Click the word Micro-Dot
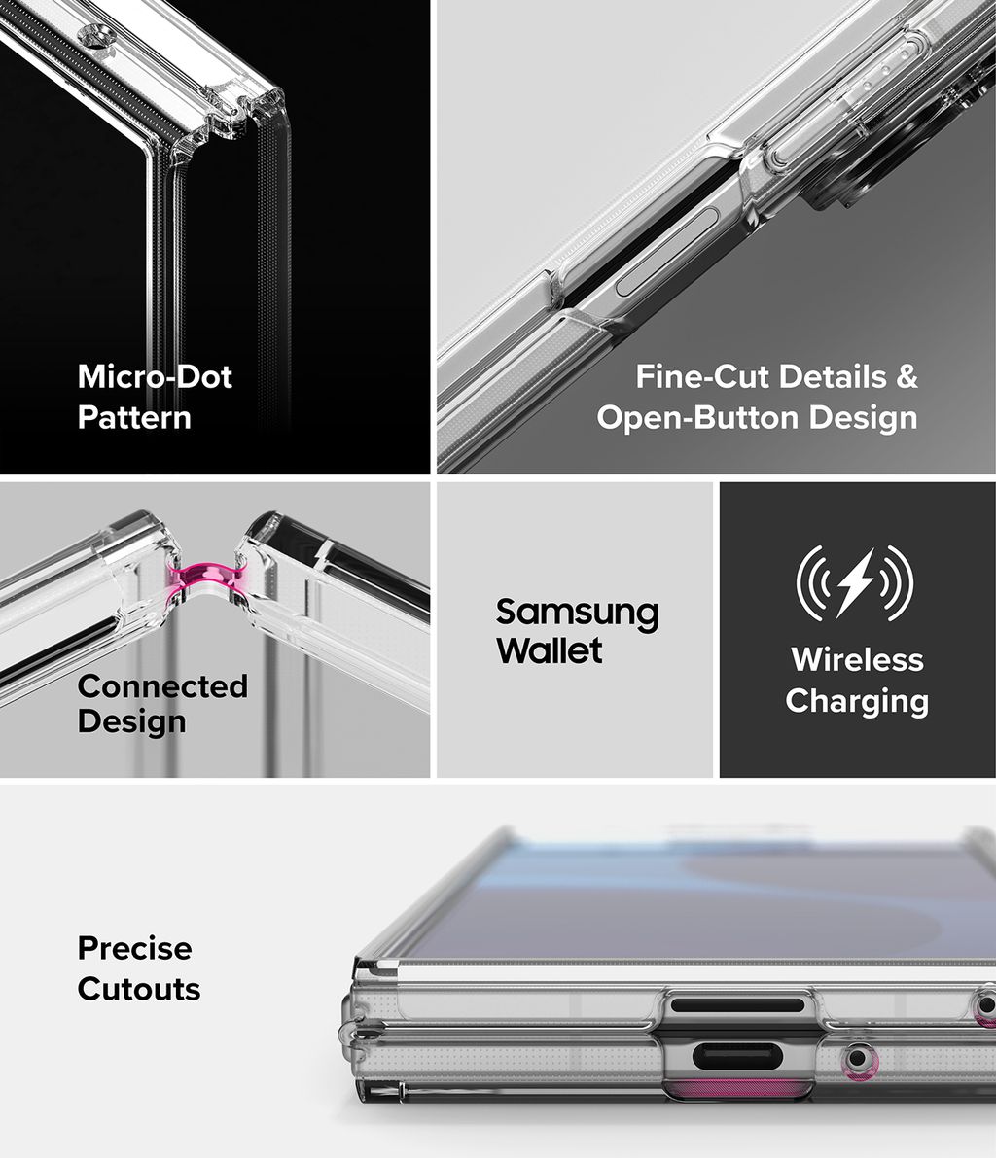[x=156, y=376]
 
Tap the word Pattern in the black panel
[x=134, y=417]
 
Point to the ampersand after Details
[x=907, y=376]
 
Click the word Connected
[x=162, y=686]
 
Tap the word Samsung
[x=577, y=614]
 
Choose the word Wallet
[x=549, y=649]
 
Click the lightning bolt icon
[x=855, y=582]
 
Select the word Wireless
[x=857, y=659]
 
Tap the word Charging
[x=857, y=701]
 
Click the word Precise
[x=134, y=948]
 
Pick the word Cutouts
[x=139, y=990]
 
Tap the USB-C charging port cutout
[x=739, y=1057]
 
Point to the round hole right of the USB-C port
[x=857, y=1059]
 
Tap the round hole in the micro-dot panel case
[x=97, y=33]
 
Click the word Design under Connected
[x=131, y=721]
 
